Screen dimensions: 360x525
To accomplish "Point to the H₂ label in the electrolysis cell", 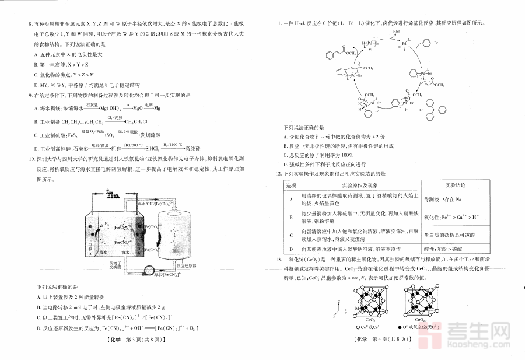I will pyautogui.click(x=106, y=223).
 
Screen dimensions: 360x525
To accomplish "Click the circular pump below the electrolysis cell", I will pyautogui.click(x=153, y=270).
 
